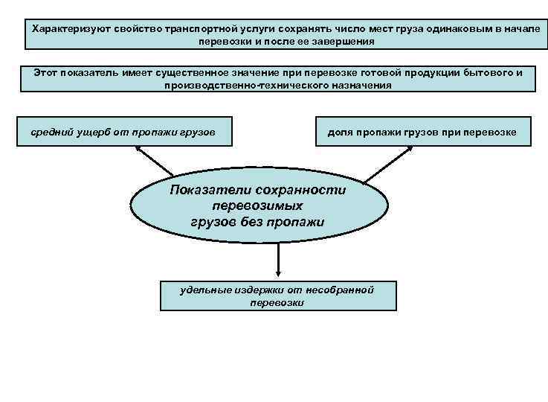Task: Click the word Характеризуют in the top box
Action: [65, 27]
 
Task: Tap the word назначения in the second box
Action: [361, 86]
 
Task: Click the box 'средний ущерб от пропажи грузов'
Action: [123, 131]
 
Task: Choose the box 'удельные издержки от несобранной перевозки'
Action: [278, 296]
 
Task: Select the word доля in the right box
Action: [340, 132]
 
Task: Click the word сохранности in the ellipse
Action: [301, 190]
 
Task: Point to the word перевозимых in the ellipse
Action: [258, 206]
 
